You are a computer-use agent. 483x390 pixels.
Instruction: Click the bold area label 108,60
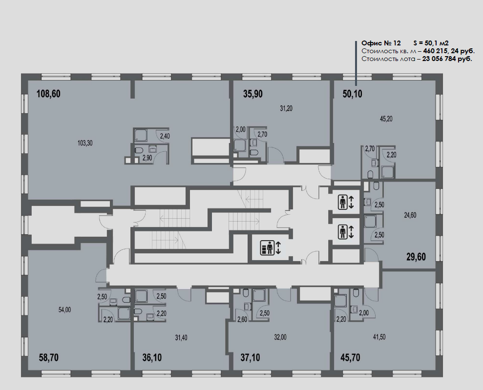pyautogui.click(x=48, y=94)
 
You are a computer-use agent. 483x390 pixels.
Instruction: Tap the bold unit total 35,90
pyautogui.click(x=253, y=94)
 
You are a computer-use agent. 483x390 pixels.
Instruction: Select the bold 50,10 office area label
pyautogui.click(x=353, y=94)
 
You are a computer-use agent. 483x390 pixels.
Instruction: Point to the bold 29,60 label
pyautogui.click(x=416, y=257)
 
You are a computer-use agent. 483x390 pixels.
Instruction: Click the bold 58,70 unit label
pyautogui.click(x=49, y=358)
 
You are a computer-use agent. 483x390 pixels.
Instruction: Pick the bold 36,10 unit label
pyautogui.click(x=152, y=358)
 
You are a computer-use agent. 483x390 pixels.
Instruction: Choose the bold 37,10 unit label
pyautogui.click(x=250, y=358)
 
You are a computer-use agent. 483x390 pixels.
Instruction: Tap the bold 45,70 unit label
pyautogui.click(x=350, y=358)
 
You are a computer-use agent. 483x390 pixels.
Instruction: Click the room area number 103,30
pyautogui.click(x=85, y=143)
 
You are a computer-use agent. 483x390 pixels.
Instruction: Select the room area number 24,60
pyautogui.click(x=410, y=215)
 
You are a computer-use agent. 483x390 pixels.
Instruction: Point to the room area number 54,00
pyautogui.click(x=64, y=309)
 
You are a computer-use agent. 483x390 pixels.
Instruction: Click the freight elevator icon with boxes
pyautogui.click(x=267, y=248)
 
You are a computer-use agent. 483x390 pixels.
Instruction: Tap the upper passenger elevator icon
pyautogui.click(x=342, y=202)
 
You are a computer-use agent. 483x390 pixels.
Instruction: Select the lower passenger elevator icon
pyautogui.click(x=342, y=232)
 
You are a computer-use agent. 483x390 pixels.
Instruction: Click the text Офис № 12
pyautogui.click(x=381, y=43)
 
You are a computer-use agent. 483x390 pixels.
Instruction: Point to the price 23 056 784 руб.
pyautogui.click(x=447, y=59)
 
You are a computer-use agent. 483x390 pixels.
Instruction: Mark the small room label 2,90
pyautogui.click(x=147, y=158)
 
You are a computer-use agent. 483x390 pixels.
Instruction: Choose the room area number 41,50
pyautogui.click(x=379, y=337)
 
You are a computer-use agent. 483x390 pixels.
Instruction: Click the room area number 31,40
pyautogui.click(x=181, y=338)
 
